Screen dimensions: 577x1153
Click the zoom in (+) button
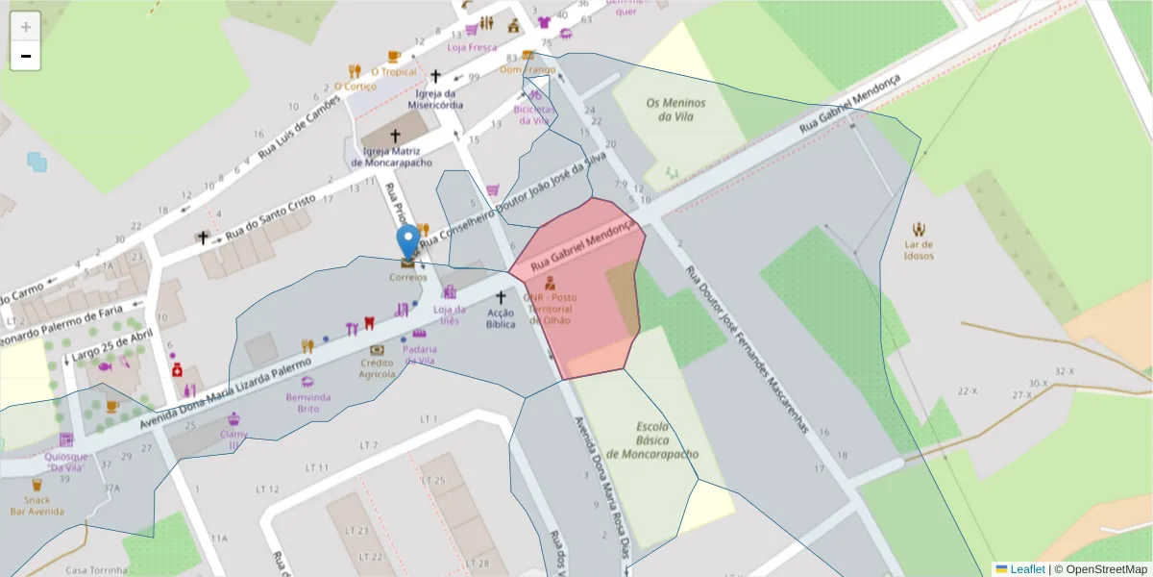(26, 27)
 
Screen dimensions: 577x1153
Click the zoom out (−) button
(26, 56)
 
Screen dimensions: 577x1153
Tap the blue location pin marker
(408, 241)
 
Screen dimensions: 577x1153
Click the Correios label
(408, 277)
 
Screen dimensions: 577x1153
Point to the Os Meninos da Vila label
(675, 110)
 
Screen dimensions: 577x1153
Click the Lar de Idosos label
(920, 250)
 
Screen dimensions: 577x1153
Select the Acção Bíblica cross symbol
(500, 298)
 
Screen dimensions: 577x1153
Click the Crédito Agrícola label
(377, 368)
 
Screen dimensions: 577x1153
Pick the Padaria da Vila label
(420, 355)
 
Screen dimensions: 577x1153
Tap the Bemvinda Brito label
(307, 402)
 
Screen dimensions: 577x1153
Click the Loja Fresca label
(472, 46)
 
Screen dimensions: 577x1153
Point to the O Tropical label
(394, 71)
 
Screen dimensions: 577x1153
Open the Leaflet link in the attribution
(1027, 569)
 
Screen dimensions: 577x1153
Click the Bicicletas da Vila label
(534, 114)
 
